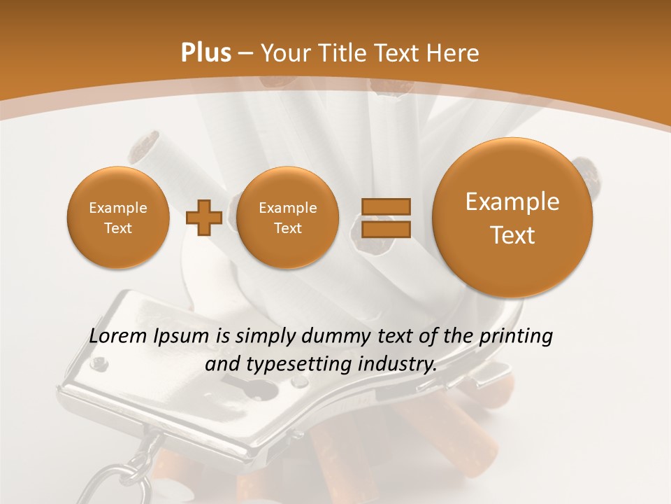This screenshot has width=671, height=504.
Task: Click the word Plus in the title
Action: [x=205, y=53]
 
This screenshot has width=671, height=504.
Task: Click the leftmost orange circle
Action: [x=117, y=217]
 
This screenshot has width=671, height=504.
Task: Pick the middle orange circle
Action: [x=287, y=217]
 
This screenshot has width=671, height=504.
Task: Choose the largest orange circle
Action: [x=512, y=217]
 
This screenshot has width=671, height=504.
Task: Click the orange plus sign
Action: [x=204, y=218]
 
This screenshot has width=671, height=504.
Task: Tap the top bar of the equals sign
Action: [x=385, y=206]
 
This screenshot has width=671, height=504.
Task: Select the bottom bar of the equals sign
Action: [x=385, y=229]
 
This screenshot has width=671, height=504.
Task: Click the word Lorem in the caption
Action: [x=119, y=337]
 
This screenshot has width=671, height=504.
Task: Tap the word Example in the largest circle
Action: [x=512, y=202]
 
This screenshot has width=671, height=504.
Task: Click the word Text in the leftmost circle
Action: [x=117, y=228]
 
